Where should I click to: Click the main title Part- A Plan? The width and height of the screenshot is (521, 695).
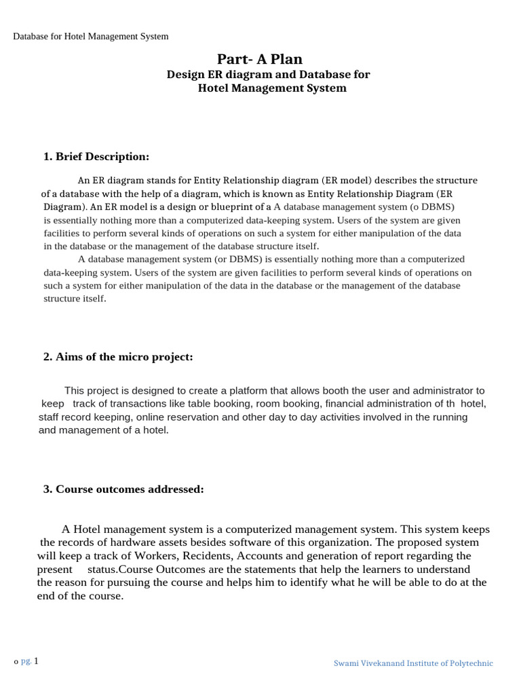260,59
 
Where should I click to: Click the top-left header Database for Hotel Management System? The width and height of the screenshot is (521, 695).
91,36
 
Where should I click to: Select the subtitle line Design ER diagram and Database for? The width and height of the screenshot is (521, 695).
269,75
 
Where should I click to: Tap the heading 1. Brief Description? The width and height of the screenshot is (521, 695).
96,157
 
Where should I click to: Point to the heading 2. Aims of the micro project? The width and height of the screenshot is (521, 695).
118,357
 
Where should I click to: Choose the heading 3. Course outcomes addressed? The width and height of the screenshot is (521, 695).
123,489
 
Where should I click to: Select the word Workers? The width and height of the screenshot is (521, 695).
135,556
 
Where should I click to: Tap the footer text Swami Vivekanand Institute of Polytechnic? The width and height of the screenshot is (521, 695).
413,663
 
